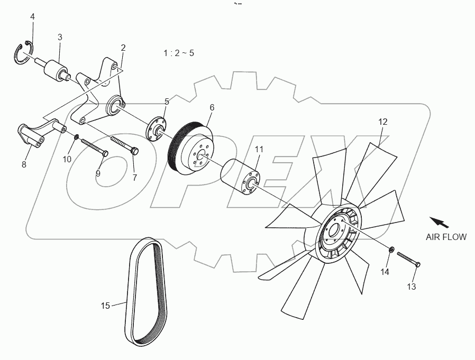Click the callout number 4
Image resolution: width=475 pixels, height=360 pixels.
tap(32, 17)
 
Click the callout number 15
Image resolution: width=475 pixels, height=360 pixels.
tap(105, 306)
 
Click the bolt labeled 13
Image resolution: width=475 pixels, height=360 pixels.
tap(407, 260)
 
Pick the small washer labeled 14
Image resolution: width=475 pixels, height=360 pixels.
tap(390, 249)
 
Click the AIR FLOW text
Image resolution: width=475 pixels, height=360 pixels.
tap(446, 237)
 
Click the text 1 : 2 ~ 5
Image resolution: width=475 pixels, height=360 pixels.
tap(178, 53)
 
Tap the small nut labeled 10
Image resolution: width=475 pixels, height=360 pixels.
tap(77, 137)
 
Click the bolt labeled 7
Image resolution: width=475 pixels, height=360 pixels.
tap(125, 144)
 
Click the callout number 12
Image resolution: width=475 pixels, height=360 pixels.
tap(383, 122)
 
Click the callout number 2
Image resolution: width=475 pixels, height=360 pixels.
tap(123, 48)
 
